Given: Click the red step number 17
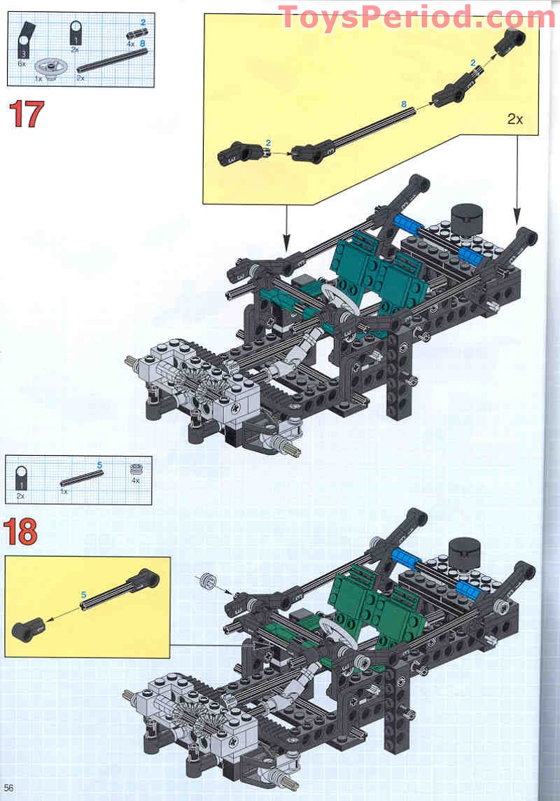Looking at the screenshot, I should point(26,114).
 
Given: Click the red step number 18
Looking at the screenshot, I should point(22,533).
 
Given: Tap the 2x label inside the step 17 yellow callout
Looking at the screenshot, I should point(514,119).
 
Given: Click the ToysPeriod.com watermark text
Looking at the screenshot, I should point(417,17).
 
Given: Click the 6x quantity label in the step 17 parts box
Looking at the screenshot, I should point(21,62).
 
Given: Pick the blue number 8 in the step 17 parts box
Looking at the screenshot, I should point(142,43).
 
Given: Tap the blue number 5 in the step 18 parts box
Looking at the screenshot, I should point(99,465).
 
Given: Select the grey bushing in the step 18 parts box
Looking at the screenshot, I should point(135,471).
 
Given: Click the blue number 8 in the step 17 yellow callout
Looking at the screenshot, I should point(403,104).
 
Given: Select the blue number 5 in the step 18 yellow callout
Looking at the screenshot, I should point(83,595).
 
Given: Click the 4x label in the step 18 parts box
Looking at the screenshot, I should point(135,480).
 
